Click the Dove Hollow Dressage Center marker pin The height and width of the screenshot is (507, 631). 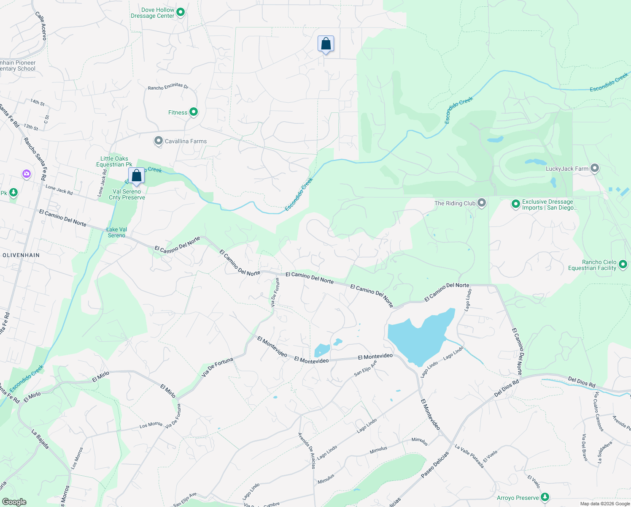tap(181, 13)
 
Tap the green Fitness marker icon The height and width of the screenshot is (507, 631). tap(194, 112)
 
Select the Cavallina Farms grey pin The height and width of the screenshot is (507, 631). tap(159, 141)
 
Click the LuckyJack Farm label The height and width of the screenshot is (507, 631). tap(567, 169)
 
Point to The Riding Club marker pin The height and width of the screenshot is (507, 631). tap(482, 203)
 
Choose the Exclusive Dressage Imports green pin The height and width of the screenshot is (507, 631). tap(515, 204)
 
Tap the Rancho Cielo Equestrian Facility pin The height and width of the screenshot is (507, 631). tap(623, 265)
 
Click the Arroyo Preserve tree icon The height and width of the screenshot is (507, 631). tap(545, 497)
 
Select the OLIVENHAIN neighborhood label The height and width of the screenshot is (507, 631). tap(21, 255)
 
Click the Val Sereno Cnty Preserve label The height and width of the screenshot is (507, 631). tap(127, 194)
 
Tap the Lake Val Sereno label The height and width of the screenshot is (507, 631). tap(117, 232)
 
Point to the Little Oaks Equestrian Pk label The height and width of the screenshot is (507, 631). tap(114, 161)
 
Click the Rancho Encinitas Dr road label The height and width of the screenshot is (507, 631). tap(168, 87)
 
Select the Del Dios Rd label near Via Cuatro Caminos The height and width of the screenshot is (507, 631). tap(581, 382)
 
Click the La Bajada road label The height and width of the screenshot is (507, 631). tap(40, 439)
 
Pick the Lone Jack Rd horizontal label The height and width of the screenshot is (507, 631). tap(59, 190)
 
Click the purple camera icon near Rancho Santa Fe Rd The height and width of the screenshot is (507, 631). tap(27, 174)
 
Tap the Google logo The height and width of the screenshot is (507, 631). tap(14, 502)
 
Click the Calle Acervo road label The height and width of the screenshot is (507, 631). tap(41, 26)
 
